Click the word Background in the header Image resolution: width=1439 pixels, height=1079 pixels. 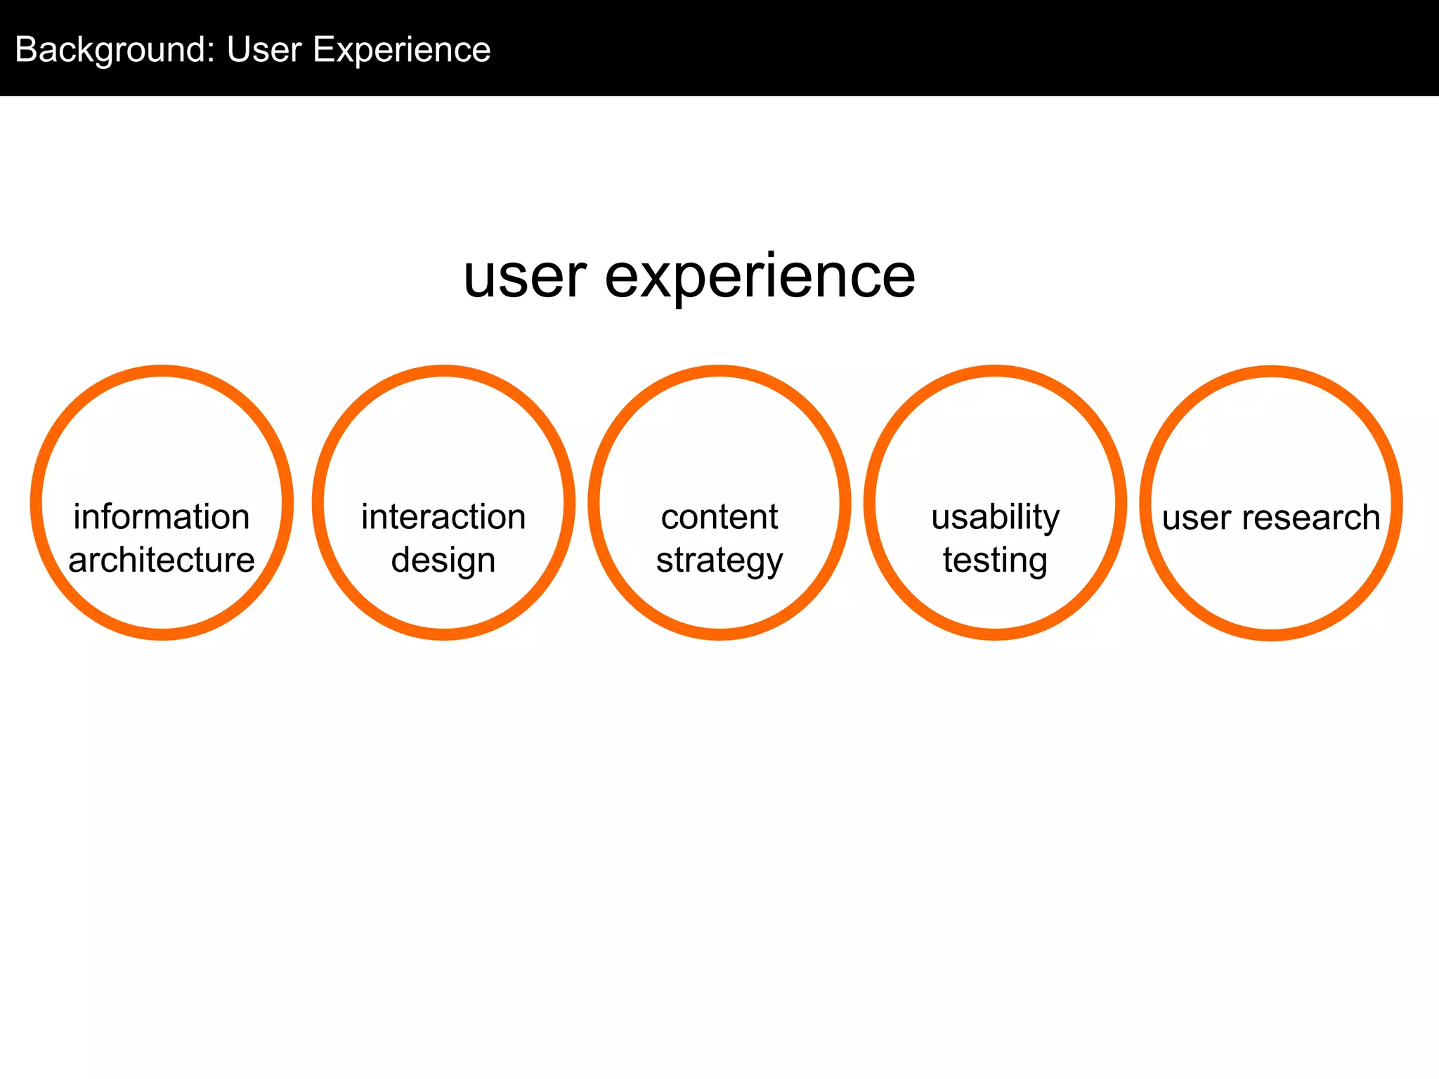[110, 51]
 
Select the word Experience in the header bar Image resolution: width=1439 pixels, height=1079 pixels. [401, 51]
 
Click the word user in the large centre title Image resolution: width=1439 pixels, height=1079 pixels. [525, 277]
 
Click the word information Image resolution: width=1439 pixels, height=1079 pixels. [162, 517]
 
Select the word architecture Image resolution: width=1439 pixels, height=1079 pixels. [162, 560]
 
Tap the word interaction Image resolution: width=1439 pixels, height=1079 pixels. [443, 517]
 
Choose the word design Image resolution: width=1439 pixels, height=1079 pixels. [443, 561]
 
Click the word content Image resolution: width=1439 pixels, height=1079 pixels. [719, 517]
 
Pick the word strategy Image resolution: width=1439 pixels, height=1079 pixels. [719, 561]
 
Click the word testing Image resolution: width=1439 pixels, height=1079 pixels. [995, 561]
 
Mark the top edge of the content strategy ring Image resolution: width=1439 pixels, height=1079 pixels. [719, 371]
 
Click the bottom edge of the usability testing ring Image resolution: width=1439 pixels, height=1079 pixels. [995, 634]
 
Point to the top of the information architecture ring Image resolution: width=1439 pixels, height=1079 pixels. [162, 371]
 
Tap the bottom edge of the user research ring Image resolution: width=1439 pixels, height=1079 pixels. [1271, 634]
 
